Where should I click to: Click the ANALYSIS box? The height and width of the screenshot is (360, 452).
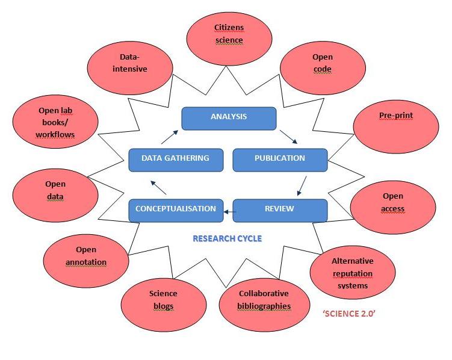click(229, 117)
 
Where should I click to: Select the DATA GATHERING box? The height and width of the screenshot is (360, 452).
click(176, 159)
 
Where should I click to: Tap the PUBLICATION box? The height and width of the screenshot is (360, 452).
click(280, 159)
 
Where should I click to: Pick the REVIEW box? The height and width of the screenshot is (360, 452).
click(280, 209)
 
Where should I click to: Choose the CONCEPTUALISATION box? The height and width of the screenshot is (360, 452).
click(176, 209)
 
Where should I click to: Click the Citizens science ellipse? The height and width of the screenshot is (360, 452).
click(229, 34)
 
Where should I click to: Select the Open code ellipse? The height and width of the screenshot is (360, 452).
click(322, 63)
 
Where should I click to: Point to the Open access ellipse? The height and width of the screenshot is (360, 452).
click(392, 203)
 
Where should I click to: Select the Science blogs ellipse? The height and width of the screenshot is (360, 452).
click(163, 300)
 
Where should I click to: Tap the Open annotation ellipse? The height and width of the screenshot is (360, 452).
click(86, 256)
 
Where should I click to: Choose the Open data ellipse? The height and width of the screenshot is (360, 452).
click(55, 190)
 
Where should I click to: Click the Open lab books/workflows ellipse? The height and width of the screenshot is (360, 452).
click(55, 122)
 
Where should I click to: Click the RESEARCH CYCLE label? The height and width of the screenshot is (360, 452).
click(227, 239)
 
